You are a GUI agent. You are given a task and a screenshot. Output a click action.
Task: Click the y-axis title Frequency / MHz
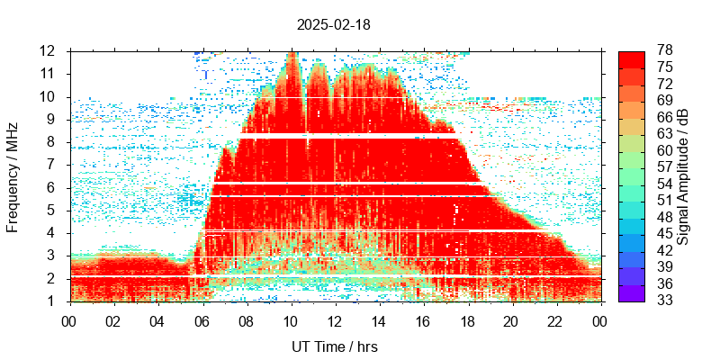(x=13, y=176)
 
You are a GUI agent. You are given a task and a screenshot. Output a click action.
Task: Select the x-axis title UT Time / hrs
(x=334, y=346)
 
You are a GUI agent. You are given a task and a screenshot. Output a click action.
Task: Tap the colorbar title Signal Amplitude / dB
(x=684, y=176)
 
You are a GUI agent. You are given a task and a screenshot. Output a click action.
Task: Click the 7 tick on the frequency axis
(x=54, y=165)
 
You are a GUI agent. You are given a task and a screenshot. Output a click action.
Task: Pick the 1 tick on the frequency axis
(x=54, y=301)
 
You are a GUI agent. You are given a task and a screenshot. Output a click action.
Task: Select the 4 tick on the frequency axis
(x=54, y=233)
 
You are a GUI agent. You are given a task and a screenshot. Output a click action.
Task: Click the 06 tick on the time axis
(x=202, y=319)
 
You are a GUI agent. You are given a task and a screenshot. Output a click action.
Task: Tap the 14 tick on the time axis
(x=379, y=319)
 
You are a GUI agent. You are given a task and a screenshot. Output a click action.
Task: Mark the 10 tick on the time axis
(x=290, y=319)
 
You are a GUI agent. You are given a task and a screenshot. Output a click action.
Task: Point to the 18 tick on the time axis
(x=467, y=319)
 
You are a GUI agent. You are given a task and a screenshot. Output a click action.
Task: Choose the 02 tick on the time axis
(x=113, y=319)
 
